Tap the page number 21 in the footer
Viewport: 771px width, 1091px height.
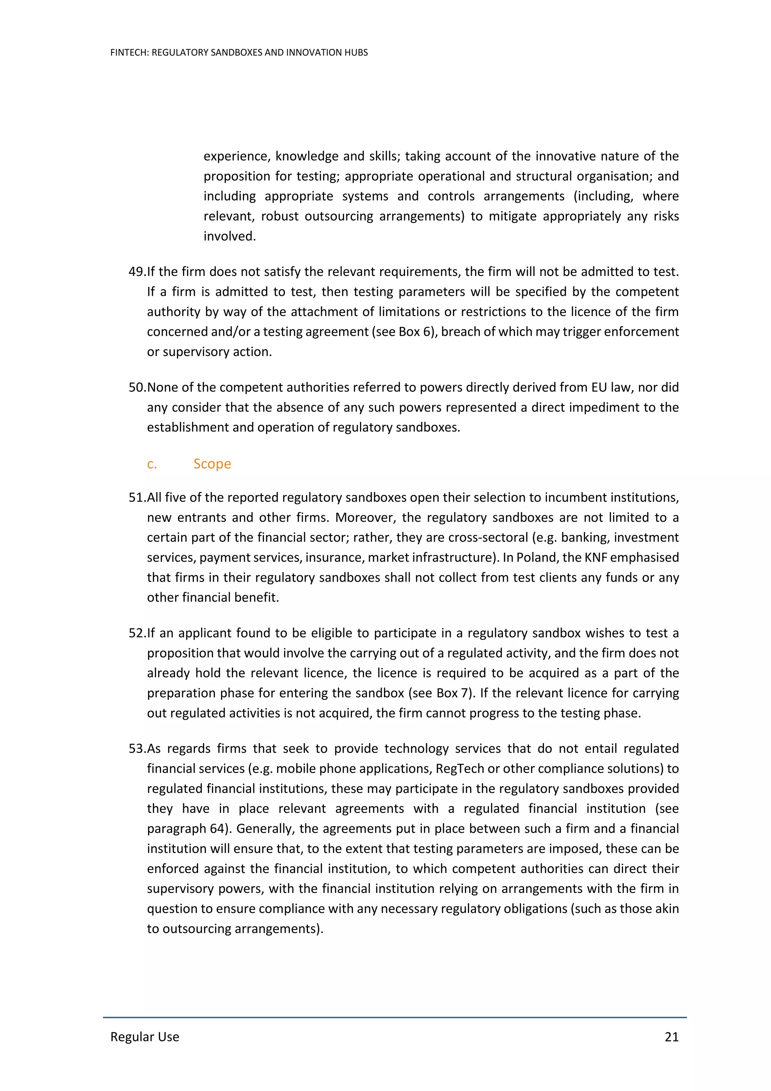671,1037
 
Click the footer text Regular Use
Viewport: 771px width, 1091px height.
145,1037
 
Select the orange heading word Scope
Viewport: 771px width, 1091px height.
212,464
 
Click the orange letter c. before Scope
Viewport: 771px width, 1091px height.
152,464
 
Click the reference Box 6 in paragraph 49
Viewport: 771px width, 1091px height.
416,332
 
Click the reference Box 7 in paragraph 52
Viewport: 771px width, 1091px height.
453,693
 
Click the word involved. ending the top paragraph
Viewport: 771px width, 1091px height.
229,236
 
